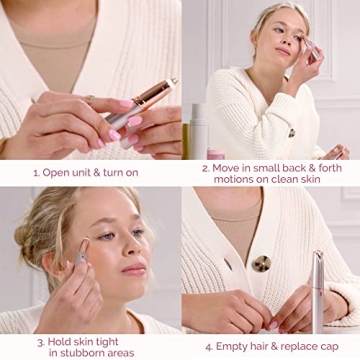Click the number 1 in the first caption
pyautogui.click(x=36, y=172)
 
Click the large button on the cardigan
pyautogui.click(x=262, y=263)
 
